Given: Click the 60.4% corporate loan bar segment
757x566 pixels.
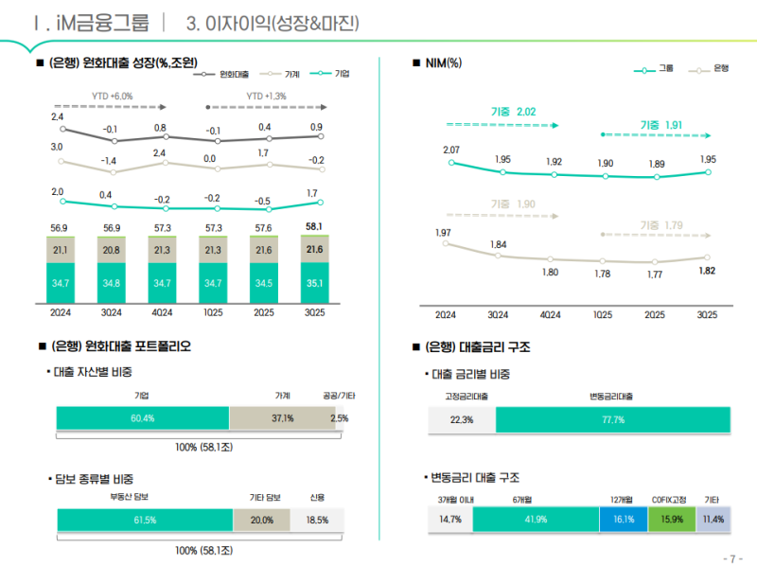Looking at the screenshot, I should coord(143,418).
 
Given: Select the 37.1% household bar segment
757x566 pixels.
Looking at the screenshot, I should coord(282,418).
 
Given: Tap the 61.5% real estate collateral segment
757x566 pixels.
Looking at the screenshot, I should coord(145,520).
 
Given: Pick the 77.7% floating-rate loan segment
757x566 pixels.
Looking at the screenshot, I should coord(613,420).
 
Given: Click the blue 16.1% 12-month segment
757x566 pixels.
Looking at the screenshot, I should coord(624,520).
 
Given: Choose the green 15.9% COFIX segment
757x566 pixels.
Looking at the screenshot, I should coord(672,520).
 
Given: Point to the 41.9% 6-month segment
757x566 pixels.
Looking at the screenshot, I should coord(536,520).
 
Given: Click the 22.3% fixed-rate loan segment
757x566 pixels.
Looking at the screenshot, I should coord(462,420).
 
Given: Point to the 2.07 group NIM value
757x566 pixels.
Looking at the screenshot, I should coord(451,150).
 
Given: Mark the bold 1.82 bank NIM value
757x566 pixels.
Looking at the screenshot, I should coord(706,271).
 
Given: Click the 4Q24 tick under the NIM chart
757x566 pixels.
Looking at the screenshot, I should coord(550,315).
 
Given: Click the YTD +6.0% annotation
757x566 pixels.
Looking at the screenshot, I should coord(112,97).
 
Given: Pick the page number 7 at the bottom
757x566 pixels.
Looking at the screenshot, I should coord(730,557).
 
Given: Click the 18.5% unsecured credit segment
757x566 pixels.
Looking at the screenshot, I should coord(317,520).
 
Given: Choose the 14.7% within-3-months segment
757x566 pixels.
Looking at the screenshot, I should coord(450,520).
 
